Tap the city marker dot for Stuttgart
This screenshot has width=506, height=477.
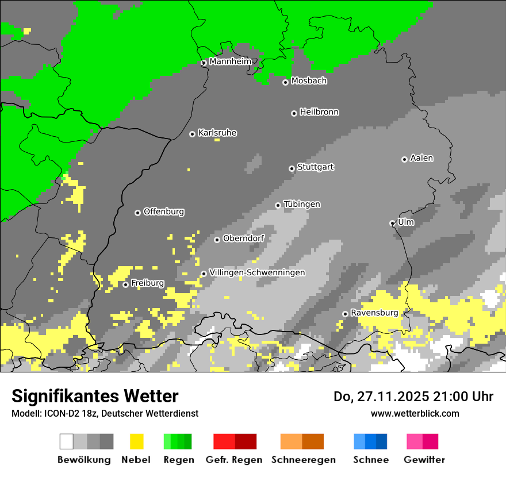[x=292, y=168]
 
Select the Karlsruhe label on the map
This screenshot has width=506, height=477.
[x=217, y=133]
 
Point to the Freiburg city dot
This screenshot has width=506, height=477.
[x=125, y=284]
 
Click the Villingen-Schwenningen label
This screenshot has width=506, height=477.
[x=257, y=272]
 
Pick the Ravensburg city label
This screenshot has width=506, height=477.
[x=374, y=313]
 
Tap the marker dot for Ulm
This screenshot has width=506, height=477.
[x=392, y=223]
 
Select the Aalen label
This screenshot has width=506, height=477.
[x=421, y=158]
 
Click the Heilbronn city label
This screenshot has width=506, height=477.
[x=319, y=112]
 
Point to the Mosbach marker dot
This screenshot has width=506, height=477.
[x=285, y=82]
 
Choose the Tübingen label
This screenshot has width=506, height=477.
[x=302, y=204]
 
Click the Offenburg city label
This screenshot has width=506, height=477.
[x=164, y=211]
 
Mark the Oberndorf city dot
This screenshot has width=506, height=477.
[x=217, y=240]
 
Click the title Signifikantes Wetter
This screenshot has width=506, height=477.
[x=95, y=396]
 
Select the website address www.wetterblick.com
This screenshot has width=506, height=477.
[x=415, y=413]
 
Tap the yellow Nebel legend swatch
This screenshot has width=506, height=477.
[x=136, y=441]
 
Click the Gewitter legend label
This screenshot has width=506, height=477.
[x=424, y=460]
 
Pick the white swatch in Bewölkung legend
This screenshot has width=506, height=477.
[x=67, y=441]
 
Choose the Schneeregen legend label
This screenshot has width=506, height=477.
[x=303, y=460]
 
